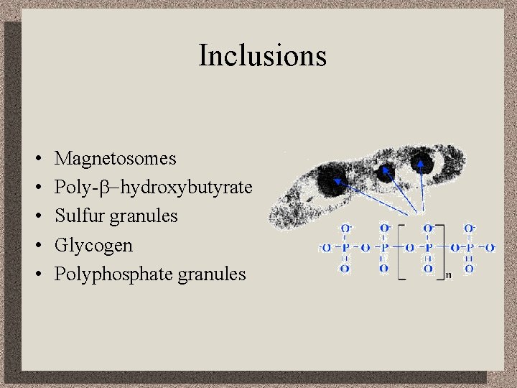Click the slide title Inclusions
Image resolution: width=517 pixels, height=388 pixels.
pyautogui.click(x=262, y=55)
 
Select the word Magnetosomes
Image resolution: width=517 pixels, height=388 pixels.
pyautogui.click(x=115, y=158)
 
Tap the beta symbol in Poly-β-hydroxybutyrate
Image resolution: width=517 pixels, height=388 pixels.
pyautogui.click(x=113, y=188)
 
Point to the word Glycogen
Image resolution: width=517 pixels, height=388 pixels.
pyautogui.click(x=93, y=246)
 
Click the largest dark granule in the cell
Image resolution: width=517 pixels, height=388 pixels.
pyautogui.click(x=332, y=179)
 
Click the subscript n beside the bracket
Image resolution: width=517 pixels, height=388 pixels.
pyautogui.click(x=447, y=275)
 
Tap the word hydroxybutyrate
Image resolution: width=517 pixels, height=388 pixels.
pyautogui.click(x=186, y=188)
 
